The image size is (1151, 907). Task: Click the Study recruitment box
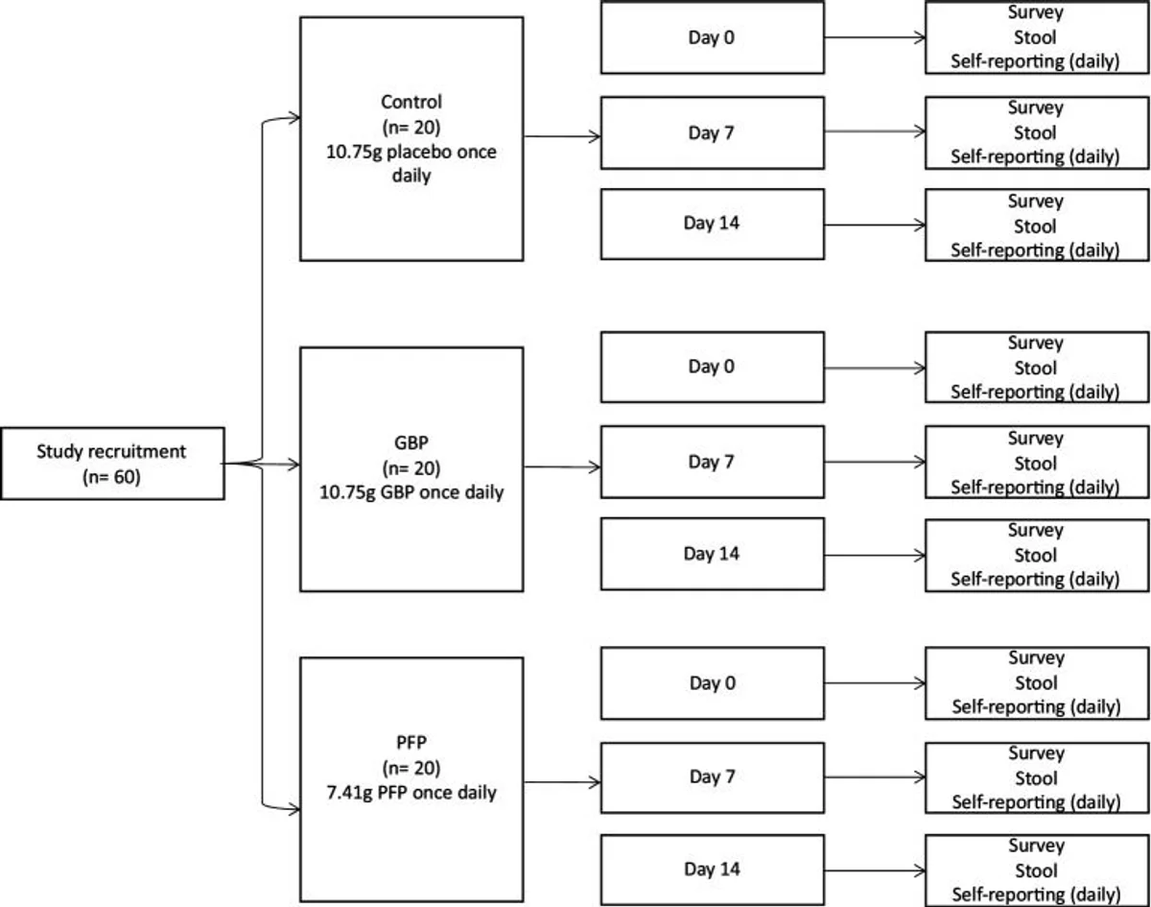pyautogui.click(x=112, y=464)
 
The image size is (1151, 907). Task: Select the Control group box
pyautogui.click(x=411, y=139)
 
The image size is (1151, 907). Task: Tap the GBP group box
pyautogui.click(x=411, y=469)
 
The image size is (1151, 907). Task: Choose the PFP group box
pyautogui.click(x=411, y=779)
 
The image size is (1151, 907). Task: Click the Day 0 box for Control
pyautogui.click(x=713, y=37)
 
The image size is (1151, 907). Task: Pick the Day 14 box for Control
pyautogui.click(x=713, y=224)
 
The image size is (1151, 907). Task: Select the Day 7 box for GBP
pyautogui.click(x=713, y=462)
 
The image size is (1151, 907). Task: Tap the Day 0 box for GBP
pyautogui.click(x=713, y=368)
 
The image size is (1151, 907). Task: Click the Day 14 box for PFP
pyautogui.click(x=713, y=870)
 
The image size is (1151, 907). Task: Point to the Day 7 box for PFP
pyautogui.click(x=713, y=777)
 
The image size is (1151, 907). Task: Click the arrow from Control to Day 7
pyautogui.click(x=562, y=136)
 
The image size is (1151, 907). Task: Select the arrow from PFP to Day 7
pyautogui.click(x=562, y=782)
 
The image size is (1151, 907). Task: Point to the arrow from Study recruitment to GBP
pyautogui.click(x=261, y=464)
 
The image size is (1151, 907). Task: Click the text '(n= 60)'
pyautogui.click(x=111, y=476)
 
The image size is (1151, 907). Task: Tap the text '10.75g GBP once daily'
pyautogui.click(x=411, y=492)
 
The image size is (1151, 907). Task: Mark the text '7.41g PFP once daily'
pyautogui.click(x=411, y=793)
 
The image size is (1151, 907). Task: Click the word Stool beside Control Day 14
pyautogui.click(x=1036, y=227)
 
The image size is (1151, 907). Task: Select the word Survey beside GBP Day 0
pyautogui.click(x=1036, y=344)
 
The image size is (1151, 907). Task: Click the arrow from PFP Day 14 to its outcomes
pyautogui.click(x=875, y=871)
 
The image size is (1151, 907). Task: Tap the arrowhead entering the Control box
pyautogui.click(x=294, y=118)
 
